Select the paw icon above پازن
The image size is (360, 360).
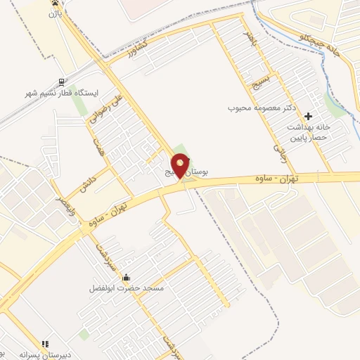(55, 3)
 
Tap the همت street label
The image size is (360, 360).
(98, 147)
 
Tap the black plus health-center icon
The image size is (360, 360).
(309, 115)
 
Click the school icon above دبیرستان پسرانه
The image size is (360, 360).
(46, 344)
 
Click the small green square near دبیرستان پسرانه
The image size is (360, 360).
(84, 335)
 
